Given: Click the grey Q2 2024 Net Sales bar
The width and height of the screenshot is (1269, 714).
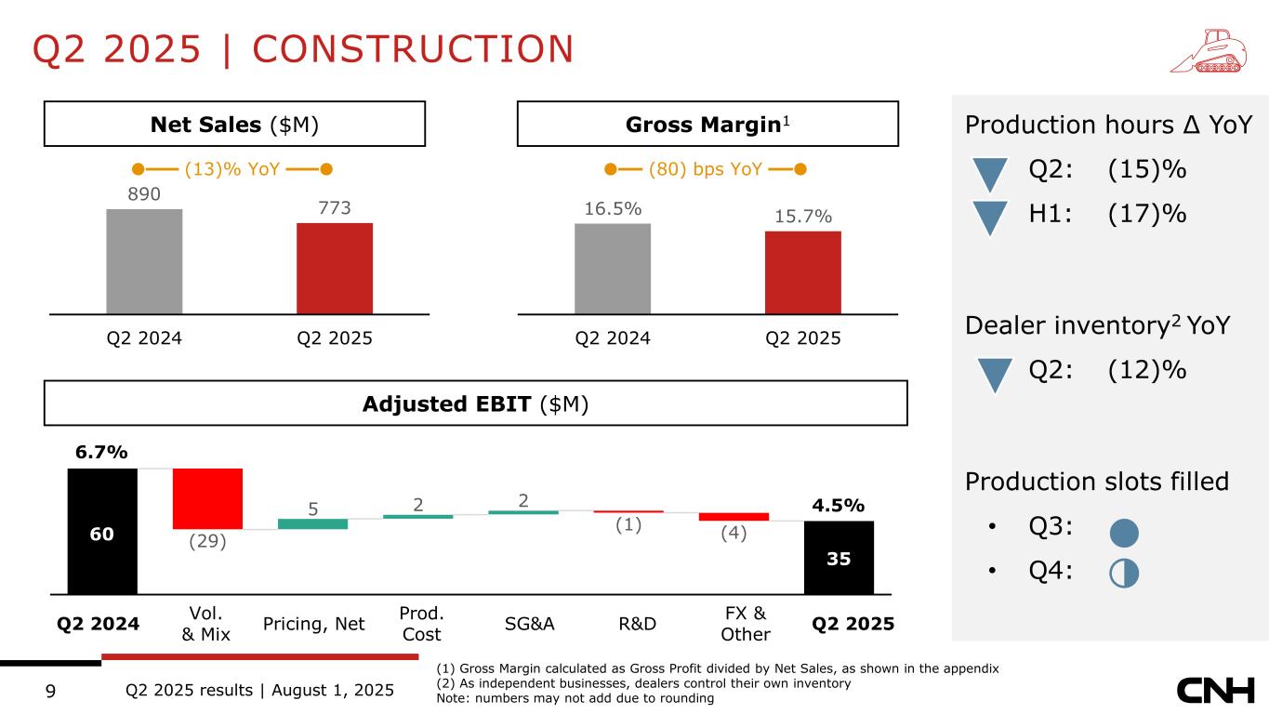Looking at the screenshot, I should pyautogui.click(x=144, y=261).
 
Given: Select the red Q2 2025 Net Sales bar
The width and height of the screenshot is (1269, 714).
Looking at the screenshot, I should pyautogui.click(x=335, y=269).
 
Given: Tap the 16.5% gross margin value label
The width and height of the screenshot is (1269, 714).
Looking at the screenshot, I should pyautogui.click(x=613, y=209).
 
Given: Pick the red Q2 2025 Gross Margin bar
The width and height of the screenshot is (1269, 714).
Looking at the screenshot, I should pyautogui.click(x=802, y=272).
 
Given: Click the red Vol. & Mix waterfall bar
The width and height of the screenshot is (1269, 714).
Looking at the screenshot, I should pyautogui.click(x=207, y=498).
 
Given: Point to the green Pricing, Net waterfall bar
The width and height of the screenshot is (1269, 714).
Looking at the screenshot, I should pyautogui.click(x=312, y=523).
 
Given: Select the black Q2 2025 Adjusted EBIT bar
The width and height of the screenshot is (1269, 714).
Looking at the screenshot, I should pyautogui.click(x=839, y=557).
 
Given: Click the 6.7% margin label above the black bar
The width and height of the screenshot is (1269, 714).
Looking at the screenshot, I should pyautogui.click(x=101, y=452).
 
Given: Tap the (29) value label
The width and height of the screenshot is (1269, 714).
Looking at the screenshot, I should pyautogui.click(x=207, y=542).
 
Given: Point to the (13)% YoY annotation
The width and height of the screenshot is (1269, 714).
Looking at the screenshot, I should pyautogui.click(x=232, y=169).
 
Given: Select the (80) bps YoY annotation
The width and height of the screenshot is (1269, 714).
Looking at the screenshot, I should pyautogui.click(x=705, y=169).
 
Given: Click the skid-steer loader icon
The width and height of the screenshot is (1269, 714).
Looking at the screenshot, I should pyautogui.click(x=1206, y=51).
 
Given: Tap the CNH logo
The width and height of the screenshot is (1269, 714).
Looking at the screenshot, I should pyautogui.click(x=1217, y=691).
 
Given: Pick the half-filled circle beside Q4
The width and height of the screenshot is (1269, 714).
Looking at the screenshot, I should pyautogui.click(x=1124, y=574).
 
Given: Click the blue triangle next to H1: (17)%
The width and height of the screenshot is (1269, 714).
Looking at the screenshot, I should pyautogui.click(x=996, y=218).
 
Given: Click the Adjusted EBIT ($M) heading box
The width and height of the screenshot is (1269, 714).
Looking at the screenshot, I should pyautogui.click(x=475, y=403).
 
